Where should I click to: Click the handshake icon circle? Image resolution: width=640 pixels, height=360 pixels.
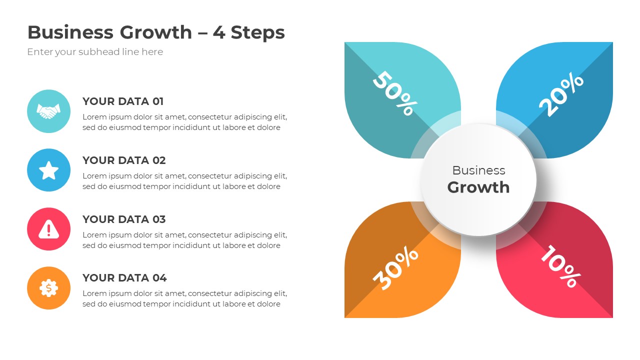pyautogui.click(x=48, y=111)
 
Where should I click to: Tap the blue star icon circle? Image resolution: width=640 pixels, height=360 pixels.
pyautogui.click(x=48, y=170)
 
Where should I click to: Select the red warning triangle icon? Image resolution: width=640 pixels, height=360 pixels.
pyautogui.click(x=48, y=229)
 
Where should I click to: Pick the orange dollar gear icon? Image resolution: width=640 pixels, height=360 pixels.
pyautogui.click(x=48, y=288)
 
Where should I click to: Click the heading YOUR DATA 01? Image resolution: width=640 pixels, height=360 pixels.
pyautogui.click(x=123, y=101)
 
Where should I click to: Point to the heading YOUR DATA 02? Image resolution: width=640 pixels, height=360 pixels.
pyautogui.click(x=124, y=160)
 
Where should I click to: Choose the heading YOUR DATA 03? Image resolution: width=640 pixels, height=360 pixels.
pyautogui.click(x=124, y=219)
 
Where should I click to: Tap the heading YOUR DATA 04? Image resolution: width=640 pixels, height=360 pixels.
pyautogui.click(x=124, y=278)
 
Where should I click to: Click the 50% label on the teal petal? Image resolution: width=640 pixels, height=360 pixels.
pyautogui.click(x=394, y=93)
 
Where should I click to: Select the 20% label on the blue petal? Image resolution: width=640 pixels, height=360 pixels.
pyautogui.click(x=561, y=95)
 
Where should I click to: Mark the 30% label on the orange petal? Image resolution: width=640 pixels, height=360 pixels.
pyautogui.click(x=395, y=268)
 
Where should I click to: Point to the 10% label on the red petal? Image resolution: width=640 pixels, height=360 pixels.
pyautogui.click(x=559, y=266)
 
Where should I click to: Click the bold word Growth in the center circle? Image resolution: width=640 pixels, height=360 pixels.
pyautogui.click(x=478, y=187)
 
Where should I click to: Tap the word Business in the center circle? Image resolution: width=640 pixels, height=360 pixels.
pyautogui.click(x=478, y=170)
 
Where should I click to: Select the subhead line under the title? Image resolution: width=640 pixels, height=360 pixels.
pyautogui.click(x=95, y=52)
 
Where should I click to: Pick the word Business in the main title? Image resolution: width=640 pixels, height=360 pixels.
pyautogui.click(x=70, y=32)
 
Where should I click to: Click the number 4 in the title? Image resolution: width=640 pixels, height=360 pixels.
pyautogui.click(x=218, y=32)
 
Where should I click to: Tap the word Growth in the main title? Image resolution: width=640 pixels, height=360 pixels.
pyautogui.click(x=155, y=32)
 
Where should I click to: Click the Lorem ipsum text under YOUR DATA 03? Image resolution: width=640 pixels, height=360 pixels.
pyautogui.click(x=184, y=240)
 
